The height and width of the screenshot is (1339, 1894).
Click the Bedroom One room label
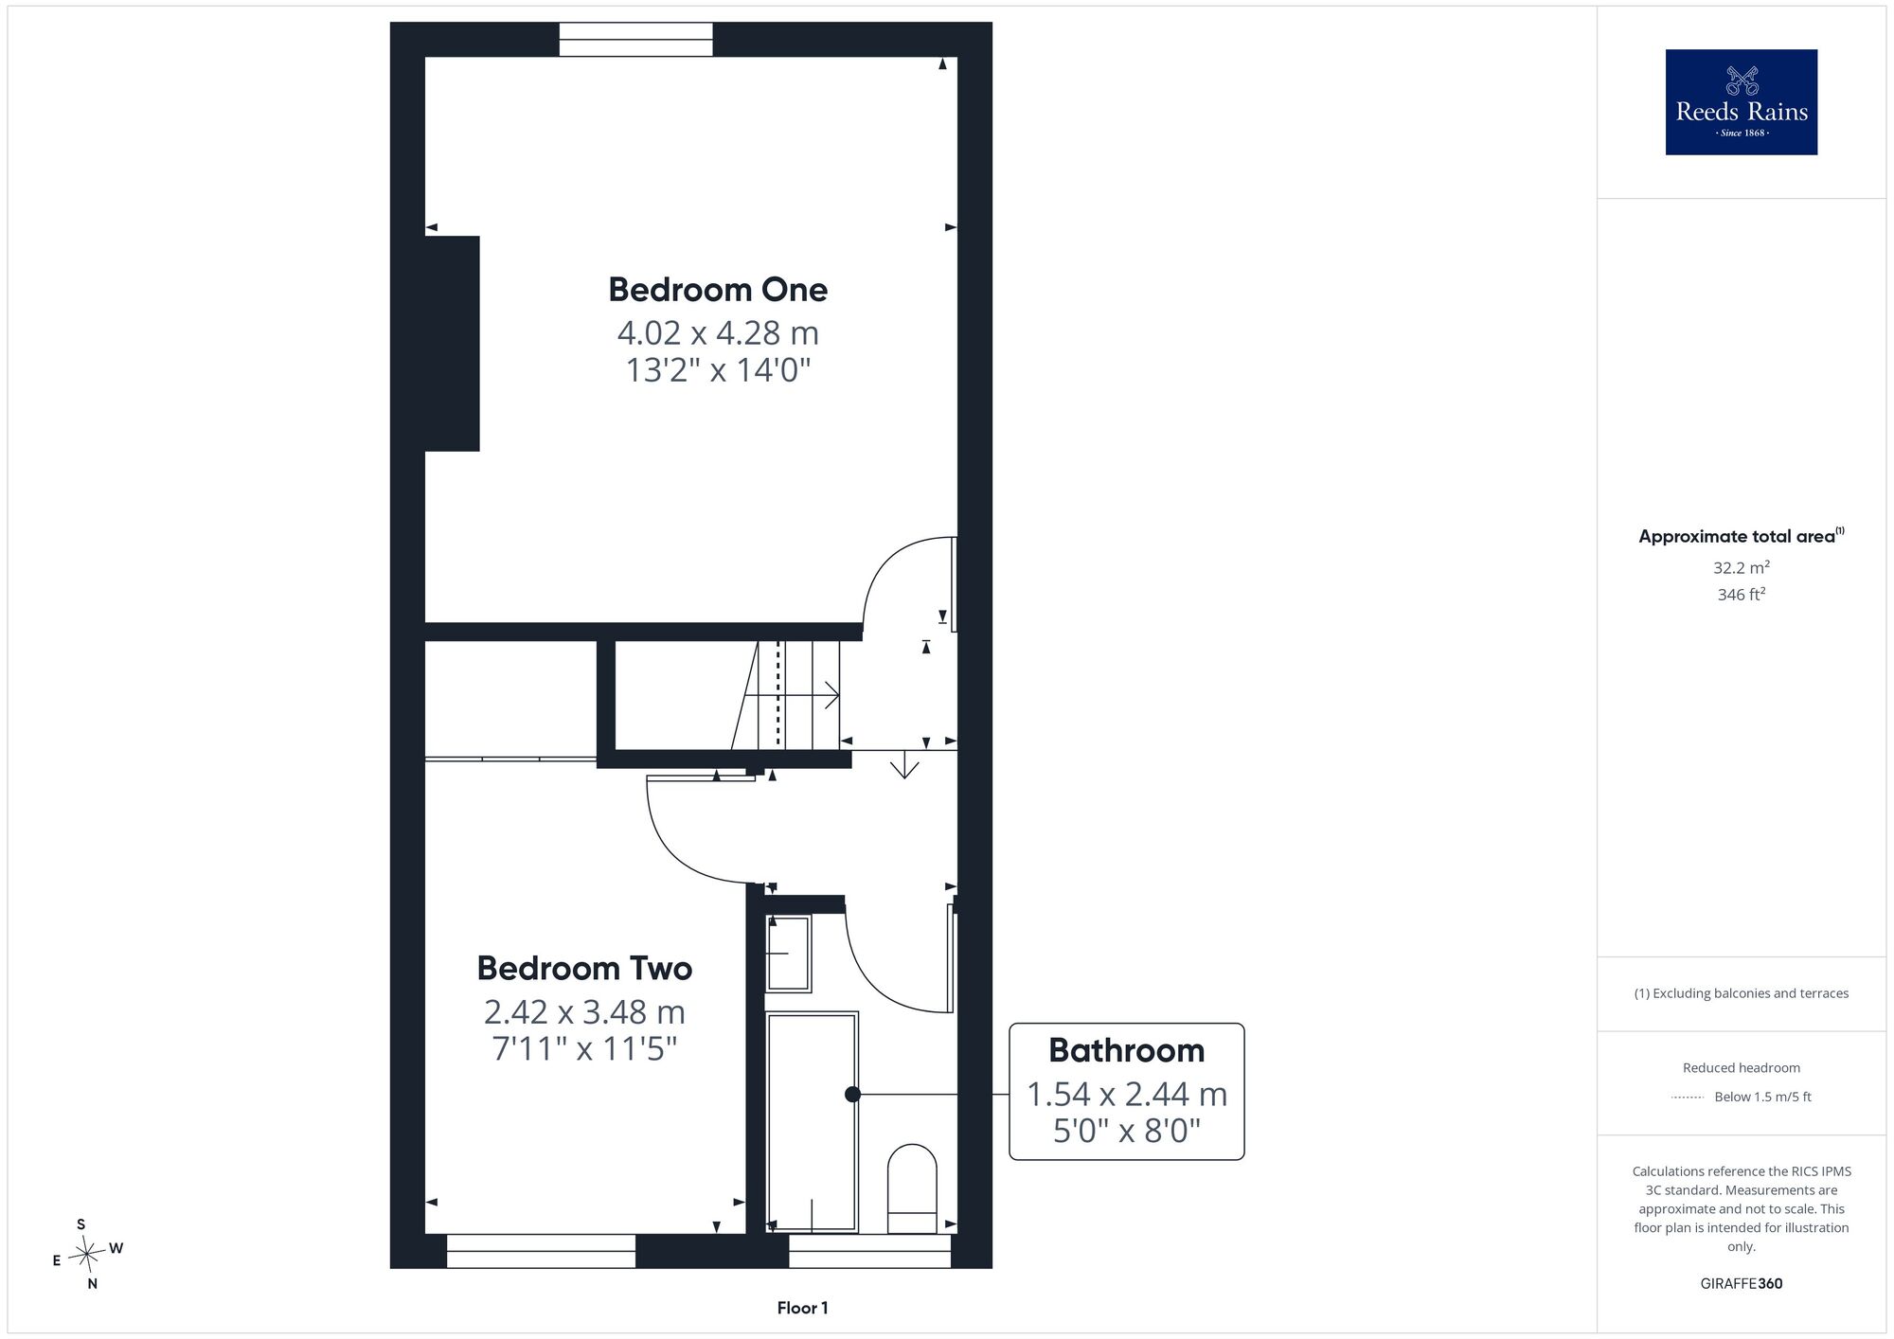pyautogui.click(x=718, y=290)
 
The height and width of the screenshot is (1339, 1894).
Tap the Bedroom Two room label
pyautogui.click(x=584, y=968)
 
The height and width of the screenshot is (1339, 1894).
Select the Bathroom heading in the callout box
pyautogui.click(x=1126, y=1050)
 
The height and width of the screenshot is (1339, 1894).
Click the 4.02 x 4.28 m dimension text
pyautogui.click(x=718, y=333)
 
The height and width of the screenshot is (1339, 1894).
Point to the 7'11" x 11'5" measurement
pyautogui.click(x=584, y=1049)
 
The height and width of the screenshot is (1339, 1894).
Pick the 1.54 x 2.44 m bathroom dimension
pyautogui.click(x=1127, y=1095)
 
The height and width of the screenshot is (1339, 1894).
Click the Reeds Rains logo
pyautogui.click(x=1742, y=102)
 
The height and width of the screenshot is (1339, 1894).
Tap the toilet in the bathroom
pyautogui.click(x=912, y=1188)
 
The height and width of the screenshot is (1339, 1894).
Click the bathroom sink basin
pyautogui.click(x=788, y=953)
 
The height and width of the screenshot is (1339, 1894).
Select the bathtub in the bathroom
pyautogui.click(x=812, y=1122)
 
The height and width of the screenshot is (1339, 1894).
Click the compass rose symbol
pyautogui.click(x=87, y=1255)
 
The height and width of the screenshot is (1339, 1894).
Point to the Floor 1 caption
pyautogui.click(x=802, y=1308)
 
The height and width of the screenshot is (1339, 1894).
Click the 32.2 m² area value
pyautogui.click(x=1742, y=568)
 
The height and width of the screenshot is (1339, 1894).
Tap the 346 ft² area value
pyautogui.click(x=1742, y=595)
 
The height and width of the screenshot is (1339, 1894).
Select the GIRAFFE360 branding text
pyautogui.click(x=1742, y=1284)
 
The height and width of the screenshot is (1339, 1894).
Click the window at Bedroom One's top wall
pyautogui.click(x=635, y=40)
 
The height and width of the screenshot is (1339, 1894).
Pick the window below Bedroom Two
pyautogui.click(x=541, y=1251)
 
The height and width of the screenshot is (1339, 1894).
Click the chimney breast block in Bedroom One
pyautogui.click(x=453, y=344)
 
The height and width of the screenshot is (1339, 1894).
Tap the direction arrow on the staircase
pyautogui.click(x=792, y=696)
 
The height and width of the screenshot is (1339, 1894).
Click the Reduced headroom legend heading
pyautogui.click(x=1742, y=1068)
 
